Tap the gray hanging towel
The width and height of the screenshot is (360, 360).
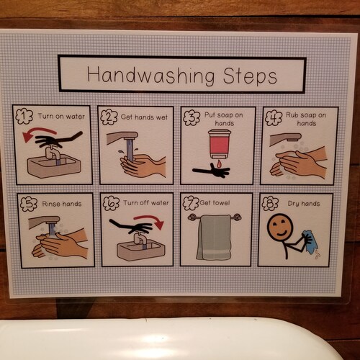(214, 237)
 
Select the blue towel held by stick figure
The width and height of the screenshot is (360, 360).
(311, 241)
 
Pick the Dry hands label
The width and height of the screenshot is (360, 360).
(302, 204)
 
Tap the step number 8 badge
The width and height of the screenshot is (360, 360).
(271, 204)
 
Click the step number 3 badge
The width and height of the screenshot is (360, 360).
(191, 117)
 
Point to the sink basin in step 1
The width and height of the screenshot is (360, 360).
(53, 166)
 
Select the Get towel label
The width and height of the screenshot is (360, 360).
(215, 203)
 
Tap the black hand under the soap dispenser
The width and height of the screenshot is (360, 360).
(212, 171)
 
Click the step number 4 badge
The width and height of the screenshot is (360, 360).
(272, 117)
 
